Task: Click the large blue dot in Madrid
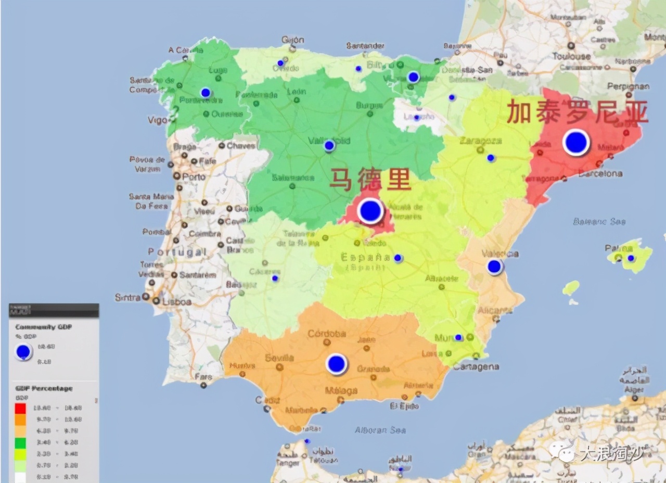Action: coord(370,211)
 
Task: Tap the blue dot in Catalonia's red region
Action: coord(576,142)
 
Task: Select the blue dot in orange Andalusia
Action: coord(337,364)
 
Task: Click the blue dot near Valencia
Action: coord(494,267)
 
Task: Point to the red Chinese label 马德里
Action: coord(370,180)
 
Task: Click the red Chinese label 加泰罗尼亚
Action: coord(578,112)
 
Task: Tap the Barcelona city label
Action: coord(600,174)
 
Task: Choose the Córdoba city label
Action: coord(326,334)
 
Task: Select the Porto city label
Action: coord(194,177)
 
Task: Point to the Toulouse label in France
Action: coord(571,56)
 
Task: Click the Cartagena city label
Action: coord(477,366)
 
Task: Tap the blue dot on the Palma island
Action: coord(631,258)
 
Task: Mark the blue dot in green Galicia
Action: coord(206,93)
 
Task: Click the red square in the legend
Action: coord(21,408)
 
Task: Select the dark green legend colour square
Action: coord(21,443)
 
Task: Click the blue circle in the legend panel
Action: coord(23,352)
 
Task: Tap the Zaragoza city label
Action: coord(480,141)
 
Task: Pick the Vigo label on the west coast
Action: coord(157,120)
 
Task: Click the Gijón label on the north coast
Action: coord(292,40)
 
